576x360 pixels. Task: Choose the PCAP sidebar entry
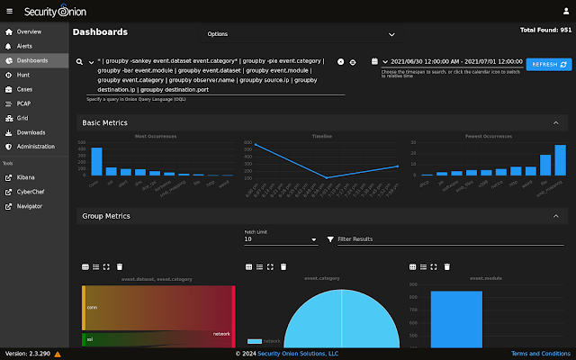(x=24, y=103)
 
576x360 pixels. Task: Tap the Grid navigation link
(x=22, y=118)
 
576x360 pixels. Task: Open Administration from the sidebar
(x=35, y=146)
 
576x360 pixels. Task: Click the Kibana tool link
(x=28, y=177)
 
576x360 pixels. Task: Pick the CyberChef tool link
(x=32, y=192)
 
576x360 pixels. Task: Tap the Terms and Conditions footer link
(x=540, y=354)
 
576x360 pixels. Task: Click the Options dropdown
(x=301, y=34)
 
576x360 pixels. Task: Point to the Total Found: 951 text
(x=545, y=30)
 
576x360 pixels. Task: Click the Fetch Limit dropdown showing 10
(x=280, y=240)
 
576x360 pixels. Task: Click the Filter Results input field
(x=450, y=240)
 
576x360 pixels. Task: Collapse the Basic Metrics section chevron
(x=555, y=122)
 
